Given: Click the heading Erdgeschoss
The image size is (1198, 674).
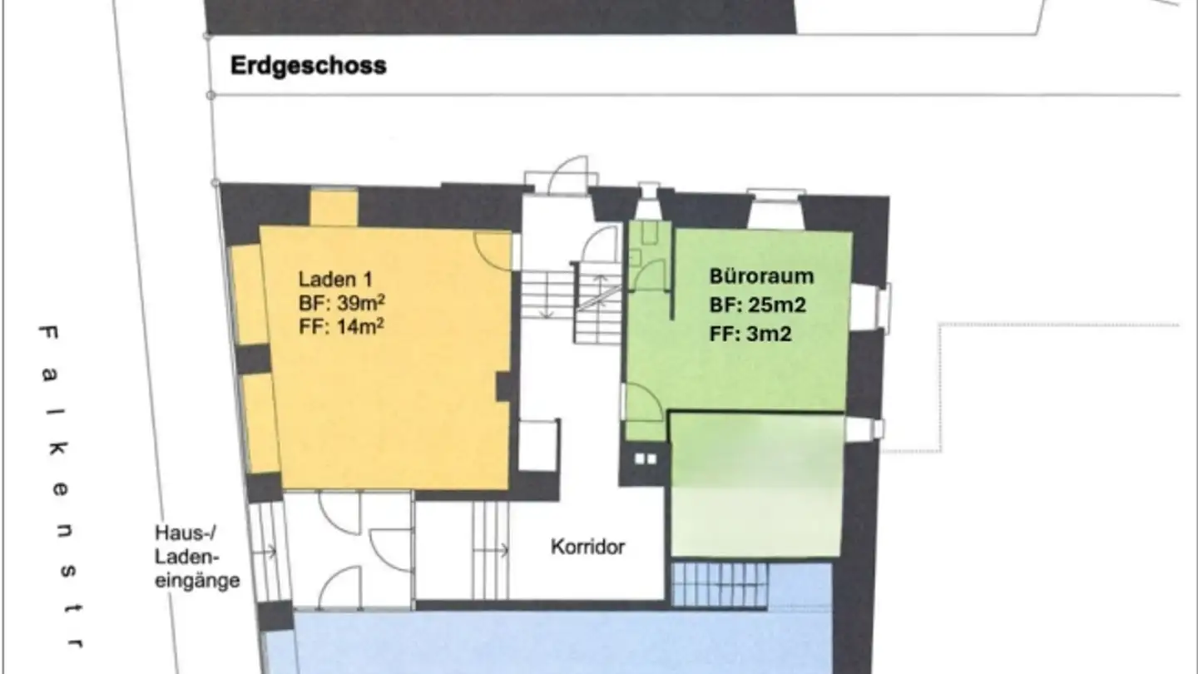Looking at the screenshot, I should (x=309, y=66).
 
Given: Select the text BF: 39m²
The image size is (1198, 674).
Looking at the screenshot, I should (x=341, y=303).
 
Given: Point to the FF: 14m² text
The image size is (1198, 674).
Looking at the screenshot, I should (x=341, y=326).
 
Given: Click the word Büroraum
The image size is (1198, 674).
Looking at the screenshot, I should (x=761, y=276).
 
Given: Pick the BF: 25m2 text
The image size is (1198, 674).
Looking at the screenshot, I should (x=758, y=305).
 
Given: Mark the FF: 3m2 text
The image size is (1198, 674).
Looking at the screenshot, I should (x=751, y=335).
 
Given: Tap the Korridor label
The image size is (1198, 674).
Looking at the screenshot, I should (x=587, y=547).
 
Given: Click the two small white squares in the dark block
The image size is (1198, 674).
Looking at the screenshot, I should (x=646, y=458).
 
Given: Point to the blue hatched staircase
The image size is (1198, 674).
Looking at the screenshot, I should (x=719, y=584).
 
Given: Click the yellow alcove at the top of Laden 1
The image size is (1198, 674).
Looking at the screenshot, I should (x=334, y=208).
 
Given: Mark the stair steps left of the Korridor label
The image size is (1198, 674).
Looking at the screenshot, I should (x=490, y=549).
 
